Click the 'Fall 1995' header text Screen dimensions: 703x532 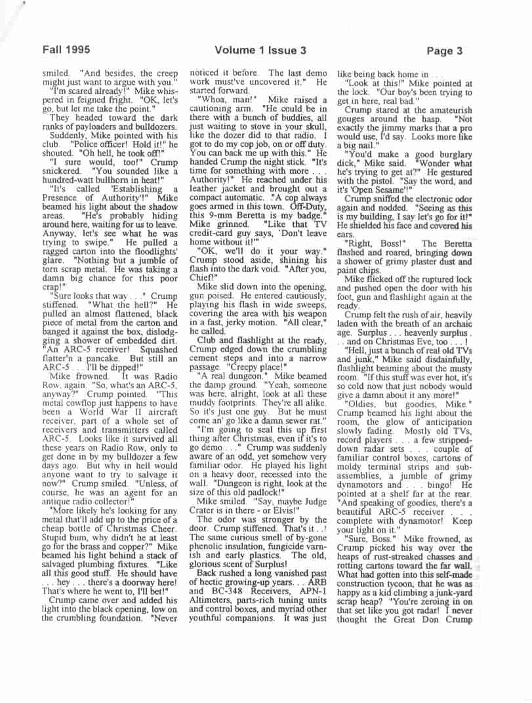click(x=66, y=49)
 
